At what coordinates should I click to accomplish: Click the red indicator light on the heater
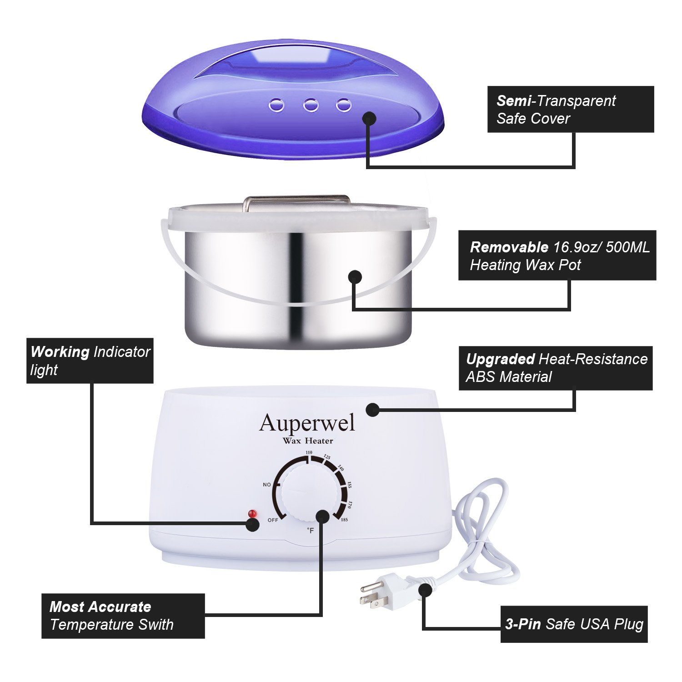(x=252, y=513)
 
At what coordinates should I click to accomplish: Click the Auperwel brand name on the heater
(x=307, y=423)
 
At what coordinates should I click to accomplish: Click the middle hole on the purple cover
(x=311, y=105)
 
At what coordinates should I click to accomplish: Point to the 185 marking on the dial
(x=344, y=519)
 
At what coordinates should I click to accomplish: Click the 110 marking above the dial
(x=309, y=452)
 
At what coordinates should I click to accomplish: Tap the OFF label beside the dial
(x=273, y=520)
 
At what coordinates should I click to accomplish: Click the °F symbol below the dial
(x=311, y=530)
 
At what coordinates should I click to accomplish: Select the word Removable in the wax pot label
(x=509, y=247)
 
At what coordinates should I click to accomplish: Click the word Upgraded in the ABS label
(x=500, y=359)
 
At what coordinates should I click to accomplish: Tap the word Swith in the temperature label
(x=156, y=625)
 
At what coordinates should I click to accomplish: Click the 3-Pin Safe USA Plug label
(x=574, y=624)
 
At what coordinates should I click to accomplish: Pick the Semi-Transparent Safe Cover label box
(x=570, y=110)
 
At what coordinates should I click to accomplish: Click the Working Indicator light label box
(x=90, y=361)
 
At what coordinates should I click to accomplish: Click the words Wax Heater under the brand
(x=308, y=441)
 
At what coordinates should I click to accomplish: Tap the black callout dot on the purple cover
(x=370, y=119)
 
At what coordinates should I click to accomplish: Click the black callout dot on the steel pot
(x=355, y=276)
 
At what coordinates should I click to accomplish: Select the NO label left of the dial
(x=267, y=485)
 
